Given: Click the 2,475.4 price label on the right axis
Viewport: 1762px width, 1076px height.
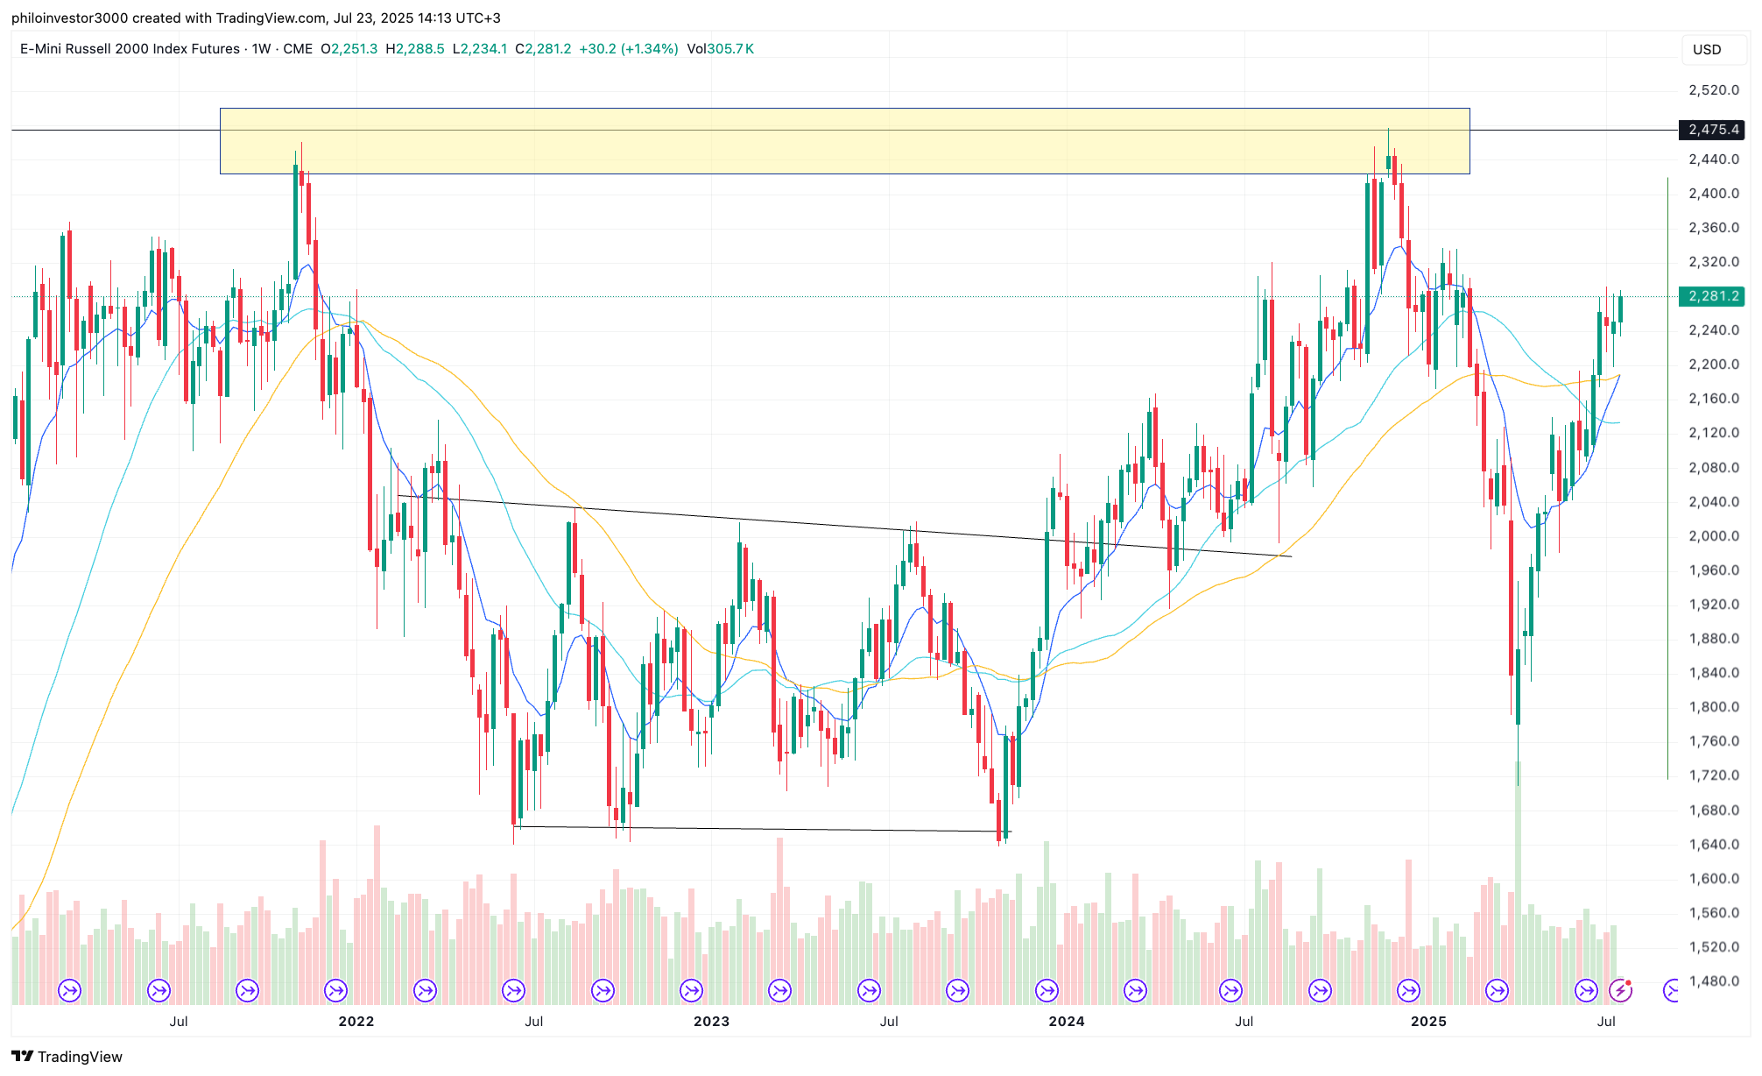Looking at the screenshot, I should [x=1712, y=130].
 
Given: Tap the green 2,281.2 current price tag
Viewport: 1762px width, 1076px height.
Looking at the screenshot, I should [x=1712, y=296].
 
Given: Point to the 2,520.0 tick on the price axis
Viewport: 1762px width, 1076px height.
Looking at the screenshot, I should [x=1713, y=90].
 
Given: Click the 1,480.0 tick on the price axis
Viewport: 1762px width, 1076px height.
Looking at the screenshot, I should [x=1713, y=981].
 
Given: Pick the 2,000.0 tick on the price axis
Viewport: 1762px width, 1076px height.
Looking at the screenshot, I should [x=1713, y=536].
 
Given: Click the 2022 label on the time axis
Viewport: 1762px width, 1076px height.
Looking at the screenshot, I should [x=356, y=1021].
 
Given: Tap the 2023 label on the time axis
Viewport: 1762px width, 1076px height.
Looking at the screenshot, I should [x=711, y=1021].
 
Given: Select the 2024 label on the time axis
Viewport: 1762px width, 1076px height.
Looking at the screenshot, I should [x=1066, y=1021].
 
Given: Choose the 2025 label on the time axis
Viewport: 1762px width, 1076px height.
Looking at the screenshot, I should [x=1428, y=1021].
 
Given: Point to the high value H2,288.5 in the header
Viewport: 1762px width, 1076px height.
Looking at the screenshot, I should [x=415, y=49].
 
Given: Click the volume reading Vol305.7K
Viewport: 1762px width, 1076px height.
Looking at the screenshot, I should [x=720, y=49].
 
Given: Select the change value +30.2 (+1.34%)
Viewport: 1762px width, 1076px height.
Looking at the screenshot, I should [x=629, y=49].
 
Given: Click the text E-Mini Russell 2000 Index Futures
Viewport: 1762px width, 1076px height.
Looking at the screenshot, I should [x=130, y=49].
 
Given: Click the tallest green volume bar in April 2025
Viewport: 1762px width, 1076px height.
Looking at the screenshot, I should [x=1518, y=885].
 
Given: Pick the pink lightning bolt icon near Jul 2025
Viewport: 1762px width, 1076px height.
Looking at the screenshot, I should [x=1621, y=990].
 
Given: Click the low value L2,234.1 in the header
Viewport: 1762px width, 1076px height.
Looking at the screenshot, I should [x=479, y=49].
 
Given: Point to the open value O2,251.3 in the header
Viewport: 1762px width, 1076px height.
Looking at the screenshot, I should [x=349, y=49].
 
